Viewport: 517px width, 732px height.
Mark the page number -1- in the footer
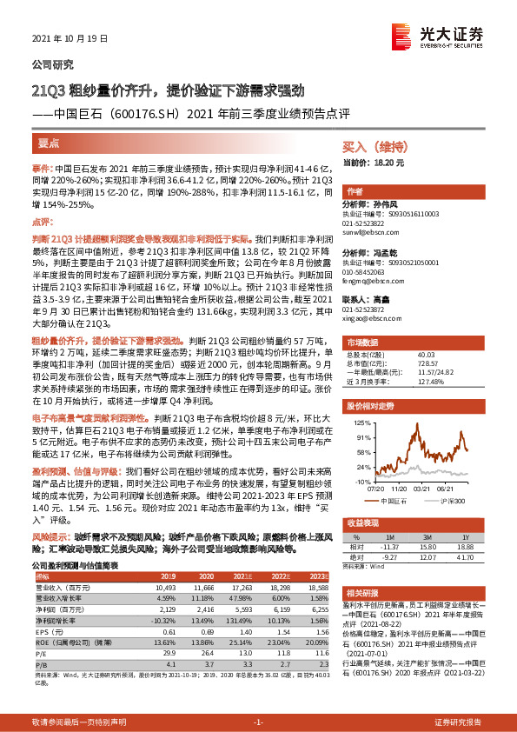(258, 722)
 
